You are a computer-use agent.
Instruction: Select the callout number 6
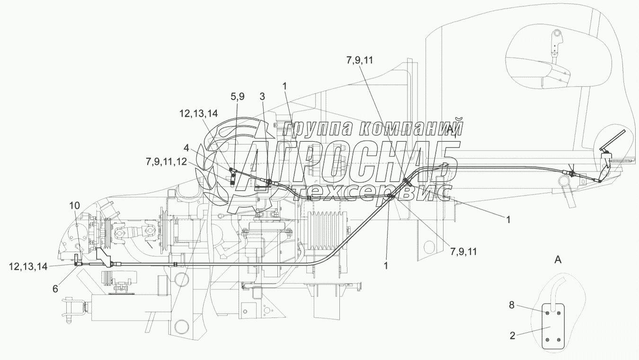[x=55, y=288]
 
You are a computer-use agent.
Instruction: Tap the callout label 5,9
[x=238, y=97]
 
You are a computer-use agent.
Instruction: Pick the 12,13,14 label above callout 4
[x=198, y=113]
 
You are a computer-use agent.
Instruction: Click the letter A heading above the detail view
[x=558, y=259]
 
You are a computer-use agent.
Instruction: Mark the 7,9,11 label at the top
[x=360, y=60]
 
